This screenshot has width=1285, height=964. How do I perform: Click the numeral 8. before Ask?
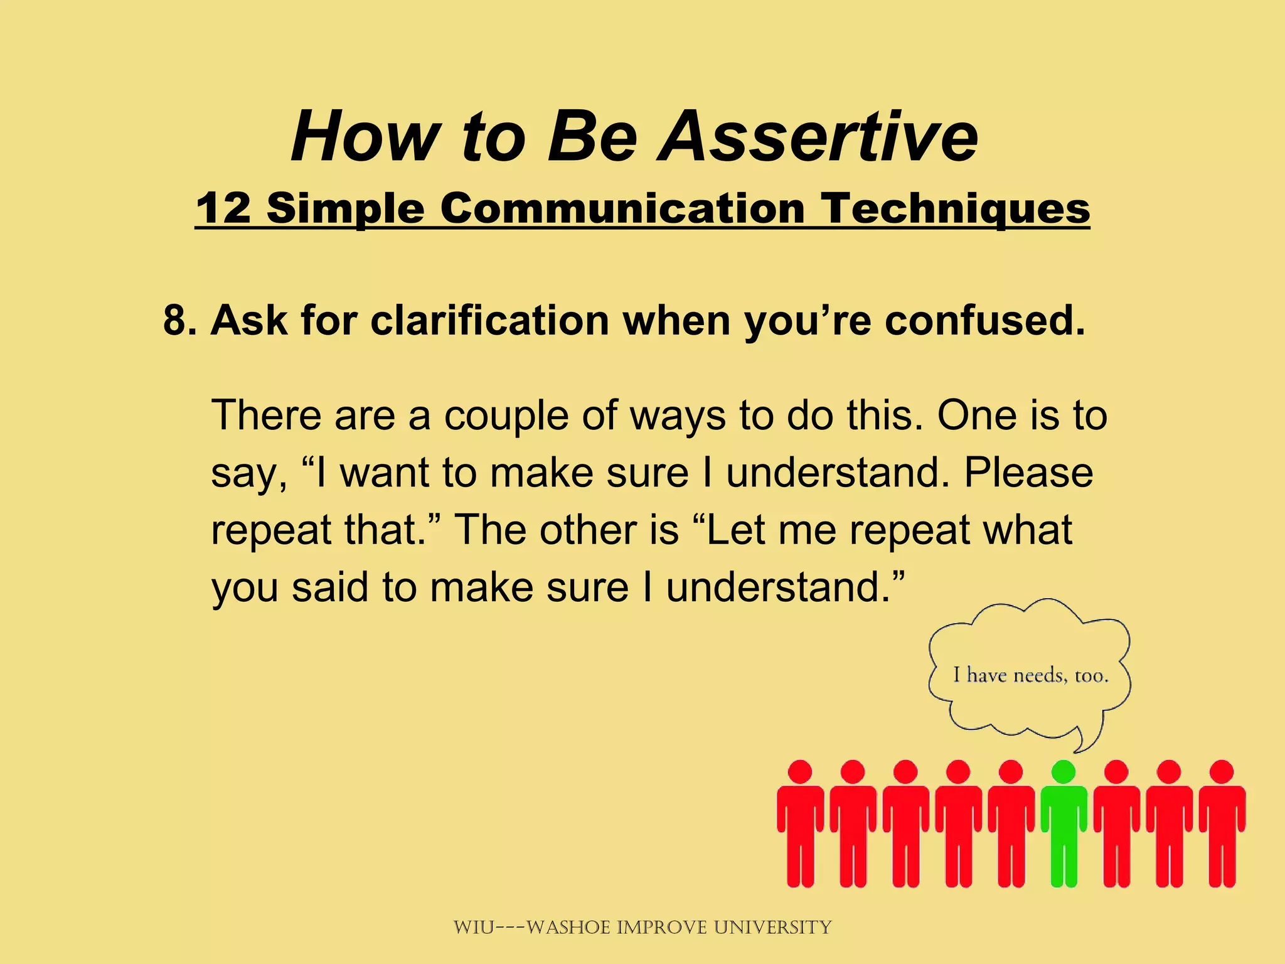click(180, 320)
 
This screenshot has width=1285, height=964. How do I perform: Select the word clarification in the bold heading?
click(489, 320)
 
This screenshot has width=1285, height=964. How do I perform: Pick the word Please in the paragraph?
click(1028, 473)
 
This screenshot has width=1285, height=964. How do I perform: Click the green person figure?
click(1064, 828)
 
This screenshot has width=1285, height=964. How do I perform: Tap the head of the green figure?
click(1064, 772)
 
